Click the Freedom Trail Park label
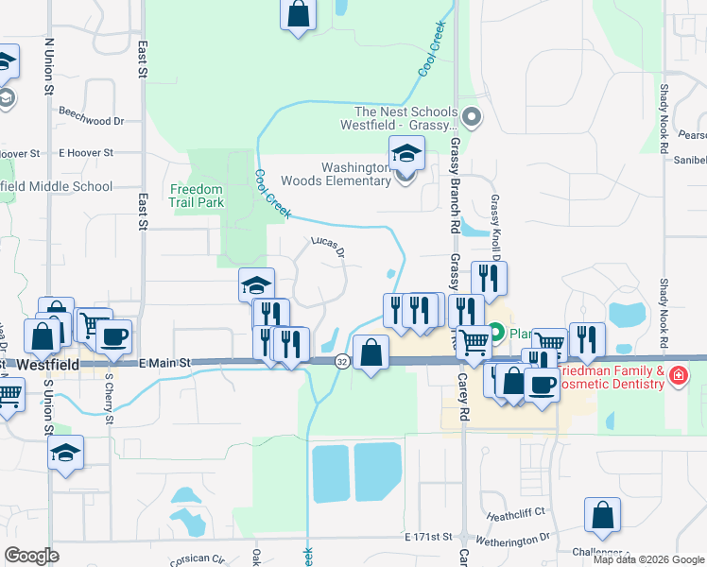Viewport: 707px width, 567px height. pos(196,195)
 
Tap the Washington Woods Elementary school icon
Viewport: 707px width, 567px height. pos(407,152)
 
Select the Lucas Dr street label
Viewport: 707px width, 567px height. pos(327,247)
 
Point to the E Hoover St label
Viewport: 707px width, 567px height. pos(85,152)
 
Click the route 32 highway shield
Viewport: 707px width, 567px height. pos(341,361)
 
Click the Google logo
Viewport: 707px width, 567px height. pos(31,555)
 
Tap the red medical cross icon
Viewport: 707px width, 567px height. pos(677,376)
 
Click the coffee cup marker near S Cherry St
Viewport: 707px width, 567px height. pos(113,335)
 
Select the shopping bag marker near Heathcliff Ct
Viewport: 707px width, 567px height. pos(602,515)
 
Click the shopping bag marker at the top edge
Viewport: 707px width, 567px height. pos(298,13)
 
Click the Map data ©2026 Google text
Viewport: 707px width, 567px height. pos(648,559)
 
